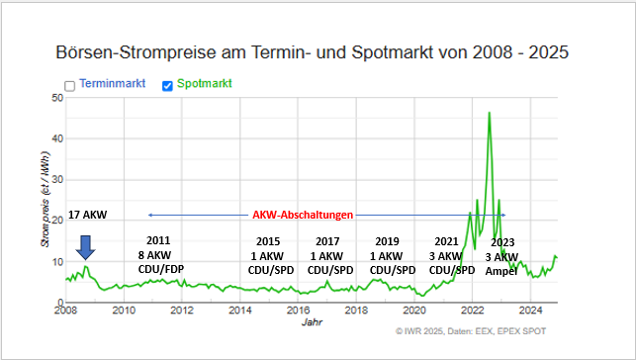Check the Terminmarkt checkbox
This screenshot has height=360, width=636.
pyautogui.click(x=70, y=86)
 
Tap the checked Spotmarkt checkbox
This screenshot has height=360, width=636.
pyautogui.click(x=167, y=86)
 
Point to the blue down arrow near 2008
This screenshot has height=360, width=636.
pyautogui.click(x=86, y=247)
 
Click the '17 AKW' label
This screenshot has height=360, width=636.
pyautogui.click(x=88, y=215)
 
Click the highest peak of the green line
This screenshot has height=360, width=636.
pyautogui.click(x=489, y=113)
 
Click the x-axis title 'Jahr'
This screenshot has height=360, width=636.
pyautogui.click(x=312, y=322)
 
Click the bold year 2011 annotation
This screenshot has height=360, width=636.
pyautogui.click(x=158, y=240)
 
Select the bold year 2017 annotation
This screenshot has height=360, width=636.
pyautogui.click(x=327, y=241)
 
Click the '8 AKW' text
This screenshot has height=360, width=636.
pyautogui.click(x=158, y=254)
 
